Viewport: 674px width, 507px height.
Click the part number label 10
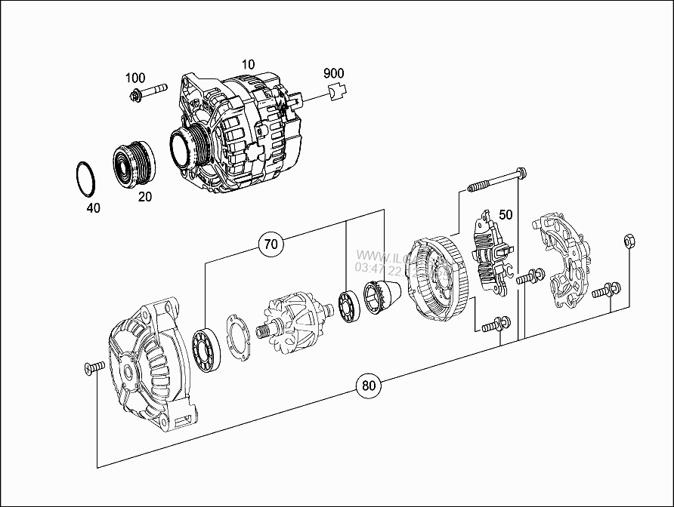point(248,64)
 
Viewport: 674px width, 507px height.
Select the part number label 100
point(135,78)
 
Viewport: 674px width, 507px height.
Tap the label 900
point(333,73)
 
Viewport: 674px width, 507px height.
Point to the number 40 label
point(94,207)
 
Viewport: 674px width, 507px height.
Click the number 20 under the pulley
point(144,197)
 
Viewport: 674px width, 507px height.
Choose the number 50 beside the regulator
point(505,215)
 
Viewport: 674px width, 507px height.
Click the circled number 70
point(271,244)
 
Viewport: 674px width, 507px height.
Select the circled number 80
point(368,386)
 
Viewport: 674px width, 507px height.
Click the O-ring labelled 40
point(85,177)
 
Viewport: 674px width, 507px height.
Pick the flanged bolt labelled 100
point(147,94)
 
